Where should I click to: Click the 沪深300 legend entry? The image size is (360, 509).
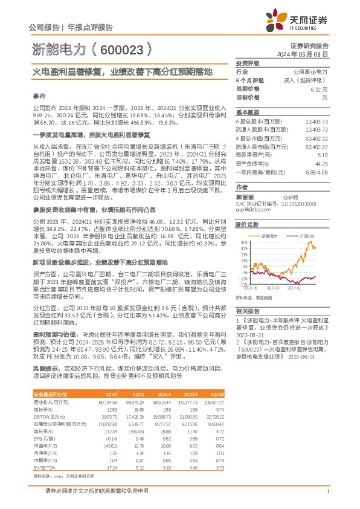[305, 235]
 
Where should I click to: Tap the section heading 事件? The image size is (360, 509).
[39, 96]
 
